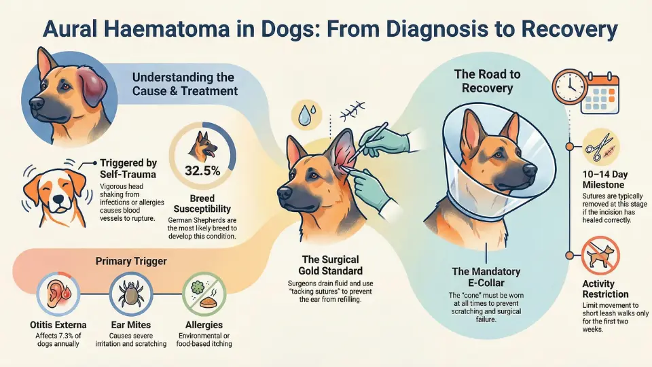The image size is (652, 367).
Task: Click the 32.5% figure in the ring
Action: coord(202,171)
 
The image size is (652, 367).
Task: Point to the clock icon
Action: coord(570,86)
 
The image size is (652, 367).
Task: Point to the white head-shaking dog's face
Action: coord(55,190)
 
